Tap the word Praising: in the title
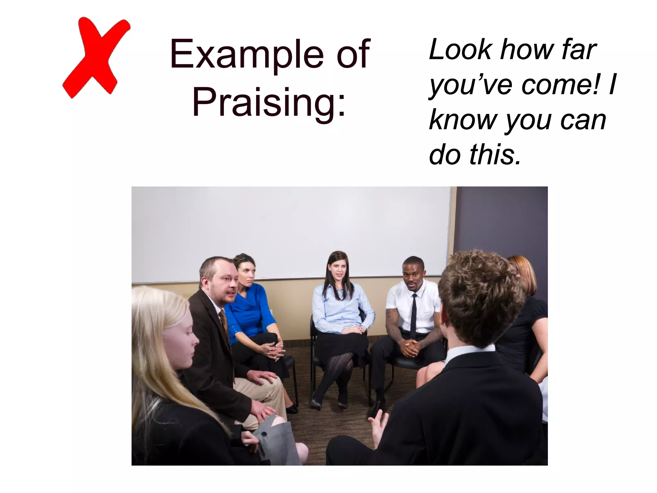269,102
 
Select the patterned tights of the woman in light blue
337,372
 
